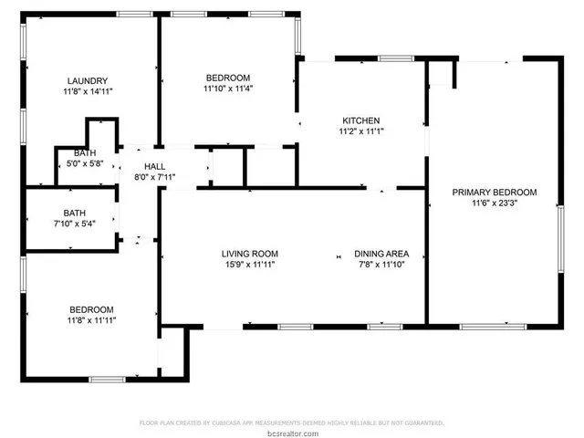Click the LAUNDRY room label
click(88, 79)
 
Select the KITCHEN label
click(360, 120)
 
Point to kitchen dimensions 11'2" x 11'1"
click(360, 131)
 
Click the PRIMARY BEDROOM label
click(495, 193)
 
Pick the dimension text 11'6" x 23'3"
click(495, 203)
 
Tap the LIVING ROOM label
click(249, 254)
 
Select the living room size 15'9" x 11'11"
click(249, 265)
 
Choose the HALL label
click(154, 166)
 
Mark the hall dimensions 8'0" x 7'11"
click(154, 177)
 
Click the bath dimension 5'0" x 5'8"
click(85, 164)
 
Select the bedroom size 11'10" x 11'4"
click(227, 89)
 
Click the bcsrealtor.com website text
click(291, 432)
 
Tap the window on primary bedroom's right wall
click(561, 239)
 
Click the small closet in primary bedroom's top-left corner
click(441, 75)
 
